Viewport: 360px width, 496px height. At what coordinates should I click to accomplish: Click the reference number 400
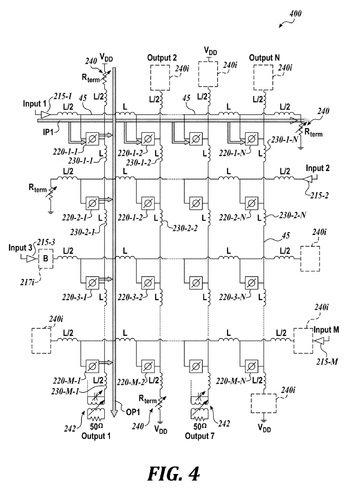click(x=295, y=14)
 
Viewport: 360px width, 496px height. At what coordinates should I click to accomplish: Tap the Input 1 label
click(x=34, y=104)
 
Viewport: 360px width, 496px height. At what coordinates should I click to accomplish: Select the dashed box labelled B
click(x=46, y=258)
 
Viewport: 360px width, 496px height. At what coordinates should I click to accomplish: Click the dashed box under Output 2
click(x=160, y=78)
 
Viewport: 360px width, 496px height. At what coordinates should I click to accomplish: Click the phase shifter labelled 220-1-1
click(x=92, y=139)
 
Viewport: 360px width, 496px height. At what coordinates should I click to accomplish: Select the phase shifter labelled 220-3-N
click(x=251, y=283)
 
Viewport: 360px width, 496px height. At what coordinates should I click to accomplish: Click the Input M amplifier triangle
click(x=319, y=341)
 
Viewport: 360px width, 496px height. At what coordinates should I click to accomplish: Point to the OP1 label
click(x=133, y=412)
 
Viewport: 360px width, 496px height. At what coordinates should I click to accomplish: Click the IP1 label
click(x=48, y=132)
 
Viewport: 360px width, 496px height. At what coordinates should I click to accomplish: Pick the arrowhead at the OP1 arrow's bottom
click(x=115, y=413)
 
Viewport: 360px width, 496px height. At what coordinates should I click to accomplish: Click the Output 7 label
click(x=200, y=436)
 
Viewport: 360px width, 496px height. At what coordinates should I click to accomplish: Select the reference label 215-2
click(x=319, y=196)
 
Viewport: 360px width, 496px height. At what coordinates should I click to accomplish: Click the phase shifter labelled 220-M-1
click(x=92, y=366)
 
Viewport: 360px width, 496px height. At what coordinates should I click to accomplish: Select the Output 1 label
click(x=96, y=436)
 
